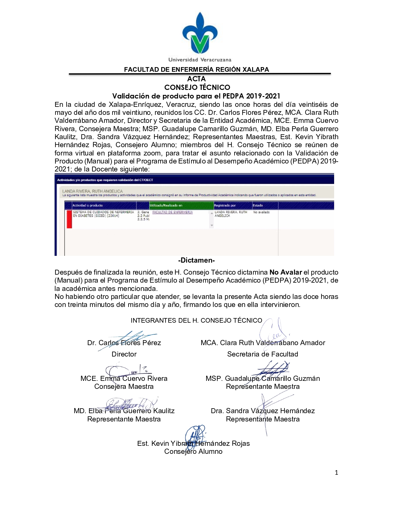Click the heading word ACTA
tap(196, 79)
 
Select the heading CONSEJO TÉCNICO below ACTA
tap(197, 87)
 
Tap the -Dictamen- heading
tap(196, 260)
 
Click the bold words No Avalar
tap(286, 272)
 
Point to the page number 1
tap(337, 473)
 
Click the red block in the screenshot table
tap(69, 219)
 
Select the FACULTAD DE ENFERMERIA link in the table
tap(173, 212)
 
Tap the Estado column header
tap(258, 205)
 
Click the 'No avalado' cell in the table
tap(261, 212)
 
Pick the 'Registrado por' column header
tap(225, 205)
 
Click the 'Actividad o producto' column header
tap(88, 205)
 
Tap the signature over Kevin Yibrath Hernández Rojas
tap(195, 436)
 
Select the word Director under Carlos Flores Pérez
tap(124, 354)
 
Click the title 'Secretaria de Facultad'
tap(263, 354)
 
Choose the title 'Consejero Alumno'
tap(193, 452)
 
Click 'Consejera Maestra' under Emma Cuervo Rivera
tap(124, 387)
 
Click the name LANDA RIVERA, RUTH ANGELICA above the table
tap(92, 191)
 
